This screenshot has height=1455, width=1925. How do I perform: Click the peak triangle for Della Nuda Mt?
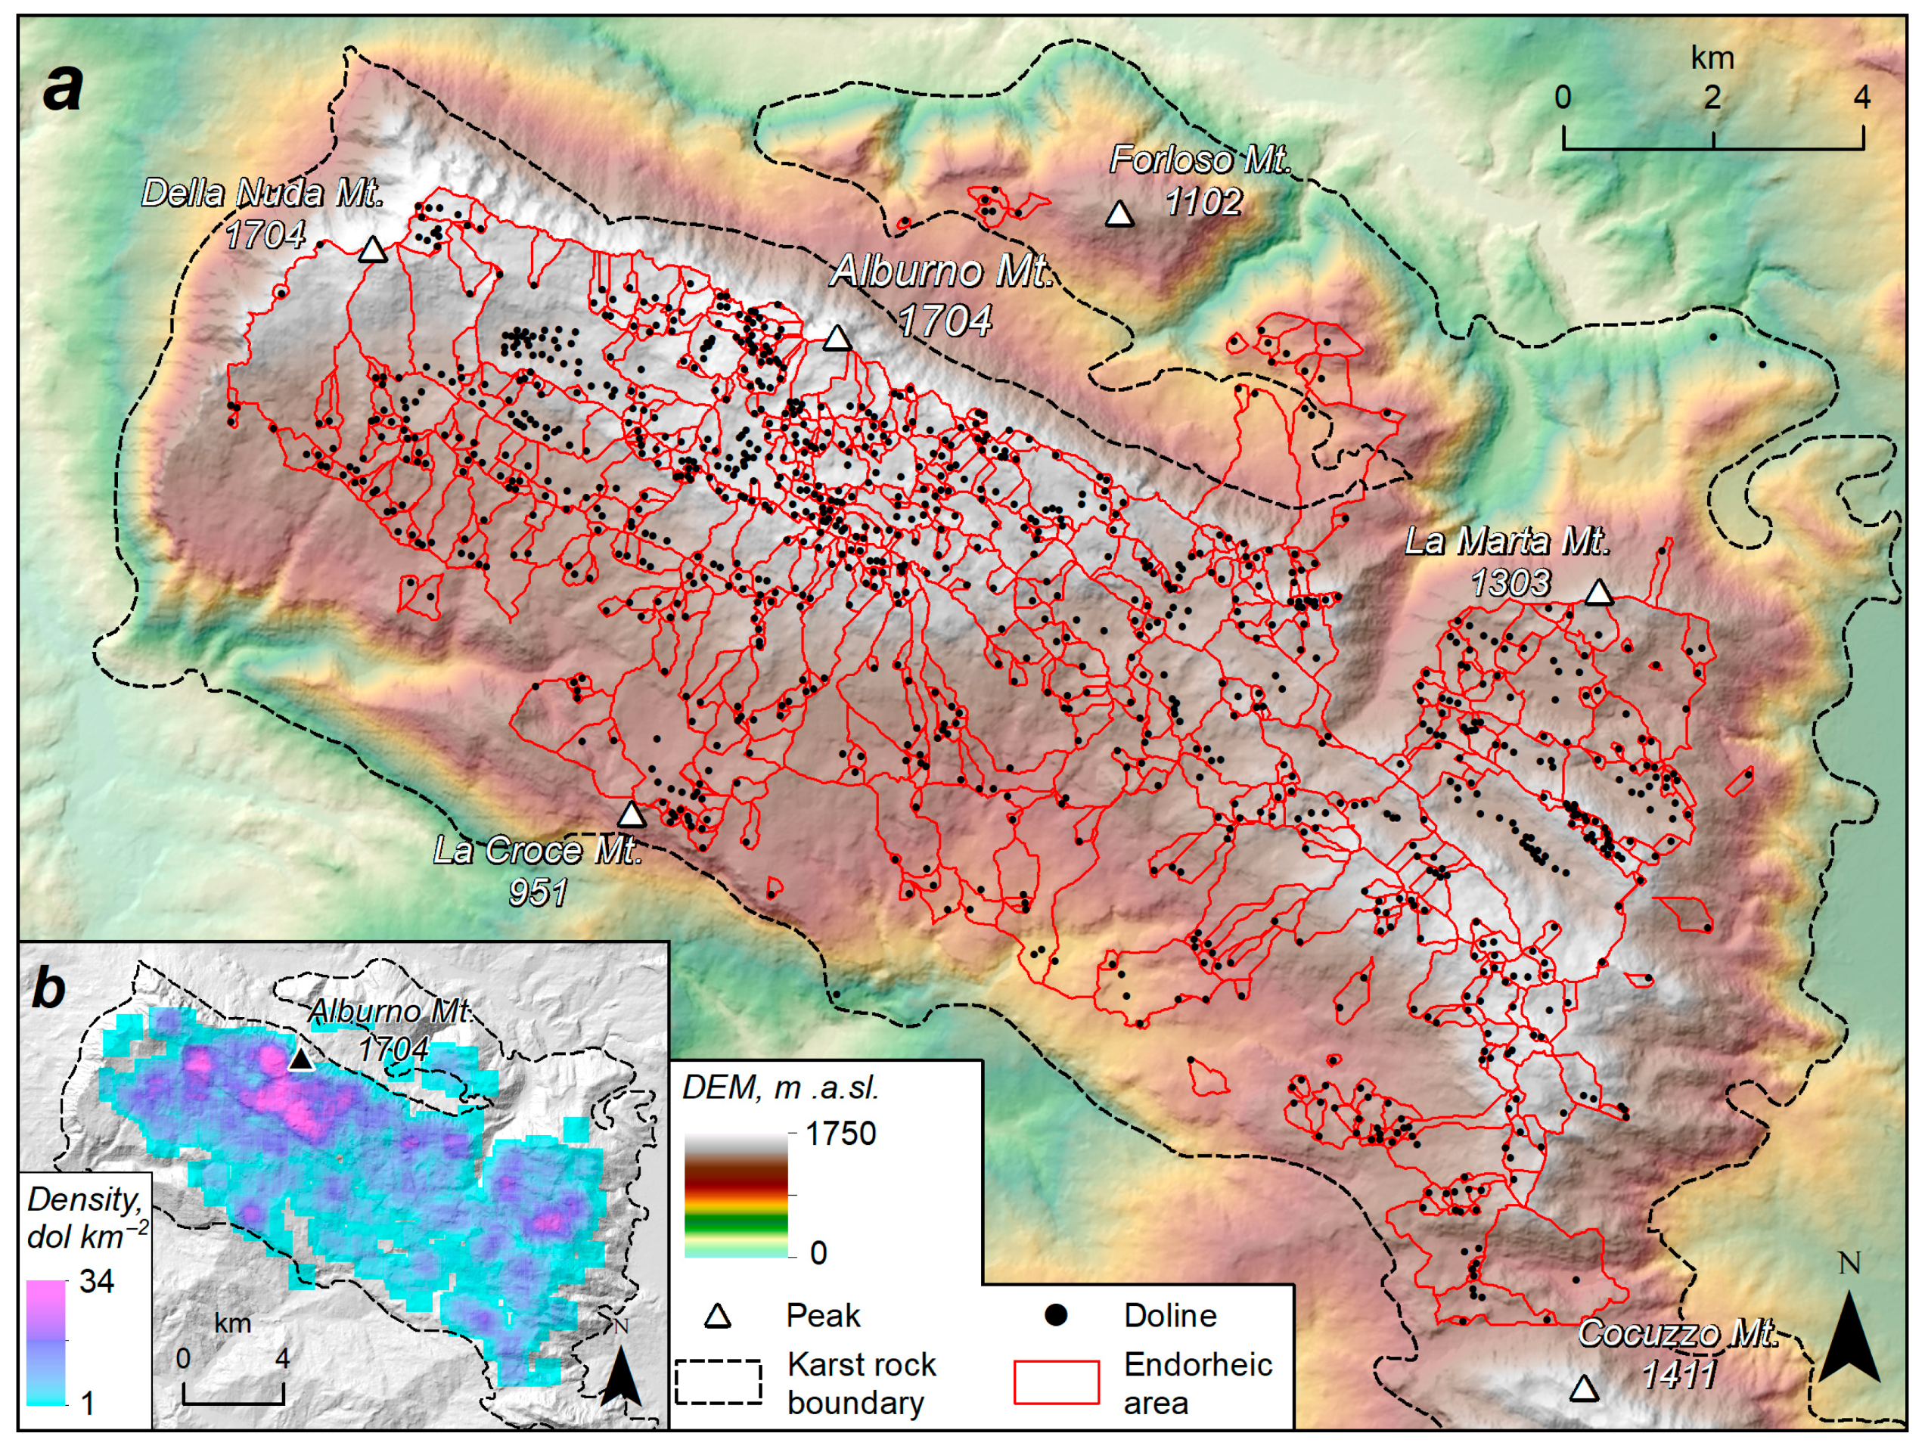[x=372, y=250]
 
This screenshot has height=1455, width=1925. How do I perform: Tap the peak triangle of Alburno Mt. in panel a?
[x=837, y=337]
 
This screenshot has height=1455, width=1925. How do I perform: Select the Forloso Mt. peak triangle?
[x=1120, y=214]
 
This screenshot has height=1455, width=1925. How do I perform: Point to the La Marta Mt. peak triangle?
[x=1600, y=594]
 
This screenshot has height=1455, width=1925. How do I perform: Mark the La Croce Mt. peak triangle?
[x=631, y=815]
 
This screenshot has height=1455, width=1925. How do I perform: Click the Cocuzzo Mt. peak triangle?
[x=1584, y=1389]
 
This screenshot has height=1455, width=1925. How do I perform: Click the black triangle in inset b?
[x=300, y=1059]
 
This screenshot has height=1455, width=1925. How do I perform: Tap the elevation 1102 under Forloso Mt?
[x=1203, y=202]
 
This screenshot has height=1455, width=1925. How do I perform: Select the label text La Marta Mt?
[x=1507, y=541]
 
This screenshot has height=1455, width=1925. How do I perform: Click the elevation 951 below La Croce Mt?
[x=538, y=892]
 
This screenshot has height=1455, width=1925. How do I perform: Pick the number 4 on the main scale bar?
[x=1861, y=98]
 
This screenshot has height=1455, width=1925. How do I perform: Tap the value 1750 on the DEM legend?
[x=840, y=1134]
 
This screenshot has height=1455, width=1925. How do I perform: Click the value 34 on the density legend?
[x=97, y=1282]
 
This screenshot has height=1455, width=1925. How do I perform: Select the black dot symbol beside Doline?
[x=1056, y=1315]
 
